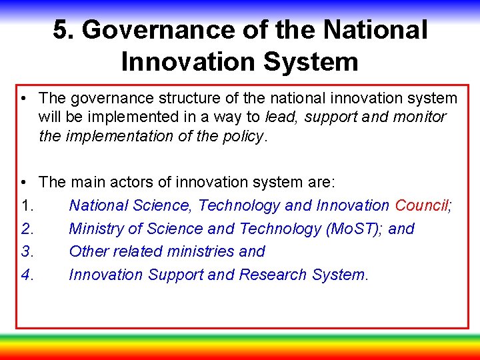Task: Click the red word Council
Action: click(421, 205)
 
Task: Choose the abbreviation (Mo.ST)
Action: click(353, 229)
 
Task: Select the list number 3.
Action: click(27, 251)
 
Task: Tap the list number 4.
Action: click(27, 275)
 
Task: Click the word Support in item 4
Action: click(175, 275)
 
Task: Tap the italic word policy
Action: click(244, 136)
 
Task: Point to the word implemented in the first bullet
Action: click(131, 117)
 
